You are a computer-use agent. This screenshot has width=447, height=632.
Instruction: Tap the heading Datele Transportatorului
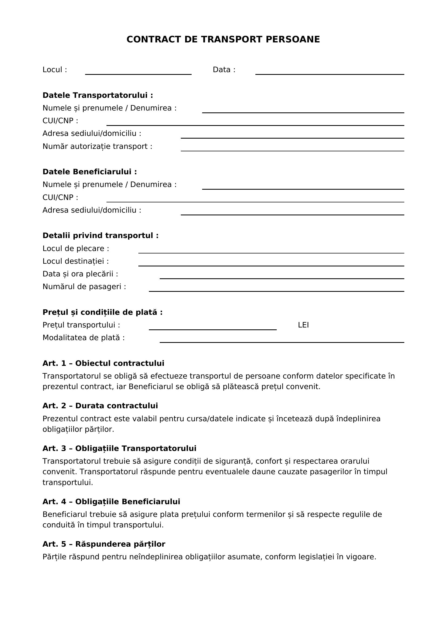click(x=98, y=95)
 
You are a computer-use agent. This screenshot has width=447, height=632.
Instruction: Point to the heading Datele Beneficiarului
click(x=90, y=172)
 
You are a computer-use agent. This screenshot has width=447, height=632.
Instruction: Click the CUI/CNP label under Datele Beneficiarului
click(x=60, y=197)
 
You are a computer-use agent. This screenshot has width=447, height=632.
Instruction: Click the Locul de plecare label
click(x=76, y=249)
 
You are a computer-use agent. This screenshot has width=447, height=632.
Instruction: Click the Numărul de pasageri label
click(x=84, y=287)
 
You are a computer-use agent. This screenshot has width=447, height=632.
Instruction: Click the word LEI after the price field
click(x=303, y=325)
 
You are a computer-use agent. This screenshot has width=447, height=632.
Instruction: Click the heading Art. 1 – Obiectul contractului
click(x=103, y=363)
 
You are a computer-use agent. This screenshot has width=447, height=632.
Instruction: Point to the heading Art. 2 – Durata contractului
click(x=100, y=406)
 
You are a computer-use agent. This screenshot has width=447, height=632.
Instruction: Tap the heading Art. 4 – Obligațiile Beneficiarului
click(x=111, y=501)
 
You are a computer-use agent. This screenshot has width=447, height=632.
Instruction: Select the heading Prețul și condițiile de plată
click(x=102, y=312)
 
